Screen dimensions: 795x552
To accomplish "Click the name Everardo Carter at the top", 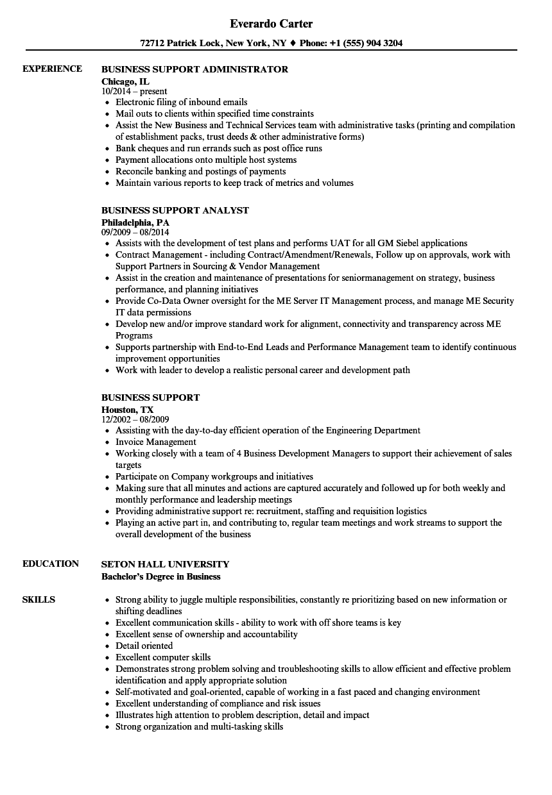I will (x=272, y=24).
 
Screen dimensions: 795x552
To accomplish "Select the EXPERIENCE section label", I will (x=52, y=69).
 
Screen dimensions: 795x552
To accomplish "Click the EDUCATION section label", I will (x=51, y=564).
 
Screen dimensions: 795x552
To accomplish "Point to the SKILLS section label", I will (x=39, y=599).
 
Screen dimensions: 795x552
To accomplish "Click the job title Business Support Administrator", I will (x=194, y=69).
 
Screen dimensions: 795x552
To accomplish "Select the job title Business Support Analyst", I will (x=175, y=210).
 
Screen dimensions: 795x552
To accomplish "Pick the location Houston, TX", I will (x=127, y=409).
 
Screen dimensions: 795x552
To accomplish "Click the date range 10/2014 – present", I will (x=134, y=91).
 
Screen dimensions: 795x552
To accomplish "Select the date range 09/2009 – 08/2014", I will (x=135, y=232).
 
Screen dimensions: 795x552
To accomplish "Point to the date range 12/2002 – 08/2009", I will (x=135, y=419).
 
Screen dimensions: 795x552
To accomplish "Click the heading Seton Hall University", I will (x=165, y=564).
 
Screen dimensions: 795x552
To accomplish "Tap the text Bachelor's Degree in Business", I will (x=160, y=576).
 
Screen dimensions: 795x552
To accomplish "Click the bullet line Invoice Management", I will (x=156, y=442).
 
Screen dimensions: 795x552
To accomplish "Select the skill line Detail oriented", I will (x=144, y=646).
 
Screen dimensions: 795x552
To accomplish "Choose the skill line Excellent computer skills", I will (x=163, y=657).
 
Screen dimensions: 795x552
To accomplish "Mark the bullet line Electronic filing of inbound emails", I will (x=181, y=102).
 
